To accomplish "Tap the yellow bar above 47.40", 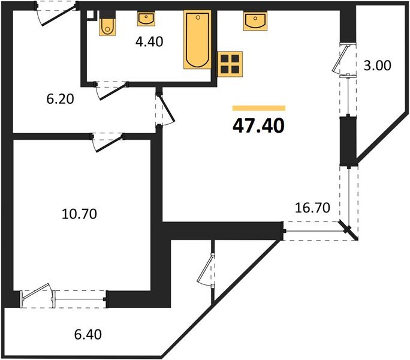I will coord(258,108).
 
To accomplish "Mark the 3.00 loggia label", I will coord(378,65).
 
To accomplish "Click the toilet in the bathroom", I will coord(107,25).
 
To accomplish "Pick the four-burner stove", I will coord(231,62).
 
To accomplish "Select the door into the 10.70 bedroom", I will coord(108,140).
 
